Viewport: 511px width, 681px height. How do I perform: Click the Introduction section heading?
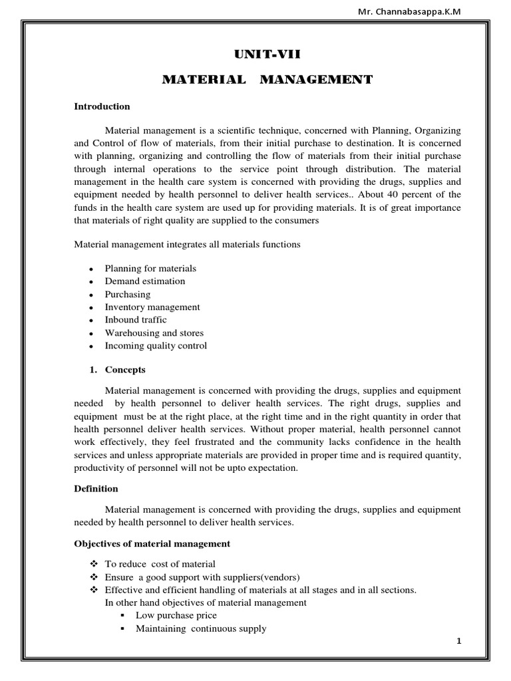(102, 106)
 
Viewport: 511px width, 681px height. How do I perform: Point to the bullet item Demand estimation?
(145, 281)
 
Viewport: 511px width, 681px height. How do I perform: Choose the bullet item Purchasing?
(128, 294)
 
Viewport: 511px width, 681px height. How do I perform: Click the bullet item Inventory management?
(152, 307)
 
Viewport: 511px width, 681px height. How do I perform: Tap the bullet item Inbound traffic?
(136, 320)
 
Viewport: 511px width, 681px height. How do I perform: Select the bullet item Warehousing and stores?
(154, 333)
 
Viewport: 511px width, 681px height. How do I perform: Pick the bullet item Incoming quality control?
(156, 346)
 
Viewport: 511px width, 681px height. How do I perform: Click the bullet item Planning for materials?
(150, 269)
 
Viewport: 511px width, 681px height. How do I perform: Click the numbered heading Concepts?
(125, 370)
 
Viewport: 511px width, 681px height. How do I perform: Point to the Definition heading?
(96, 489)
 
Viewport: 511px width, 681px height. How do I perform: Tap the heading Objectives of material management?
(152, 544)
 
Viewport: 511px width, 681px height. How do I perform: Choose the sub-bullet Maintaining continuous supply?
(201, 628)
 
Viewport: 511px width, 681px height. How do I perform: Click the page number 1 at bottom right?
(459, 640)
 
